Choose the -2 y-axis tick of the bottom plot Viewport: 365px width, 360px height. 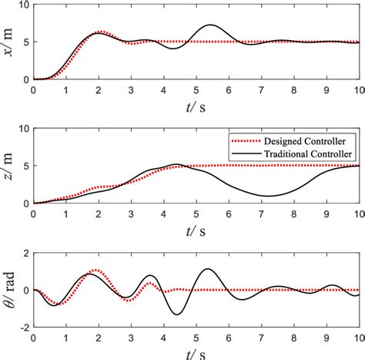23,328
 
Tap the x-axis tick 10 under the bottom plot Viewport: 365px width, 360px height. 358,338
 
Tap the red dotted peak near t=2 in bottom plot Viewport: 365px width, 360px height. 95,271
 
